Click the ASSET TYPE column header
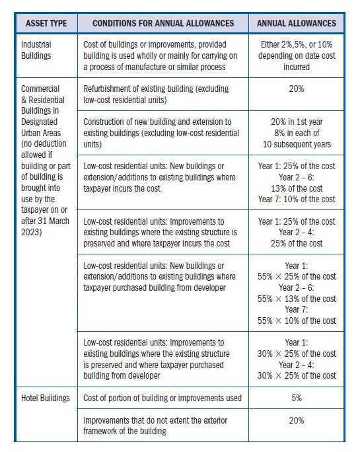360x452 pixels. [x=47, y=23]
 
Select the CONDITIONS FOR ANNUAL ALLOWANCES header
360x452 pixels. [x=163, y=23]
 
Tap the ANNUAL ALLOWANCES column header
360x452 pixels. [x=296, y=23]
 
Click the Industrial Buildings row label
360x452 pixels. [x=37, y=50]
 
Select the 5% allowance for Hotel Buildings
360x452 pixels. [x=296, y=398]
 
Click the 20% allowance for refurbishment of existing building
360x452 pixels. [x=296, y=88]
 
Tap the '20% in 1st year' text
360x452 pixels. [x=296, y=122]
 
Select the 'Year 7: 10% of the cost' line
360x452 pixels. [x=296, y=199]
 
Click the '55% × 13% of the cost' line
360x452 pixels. [x=296, y=299]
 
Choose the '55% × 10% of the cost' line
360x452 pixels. [x=296, y=320]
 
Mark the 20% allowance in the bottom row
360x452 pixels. [x=296, y=420]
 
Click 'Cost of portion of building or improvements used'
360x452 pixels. [x=163, y=398]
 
